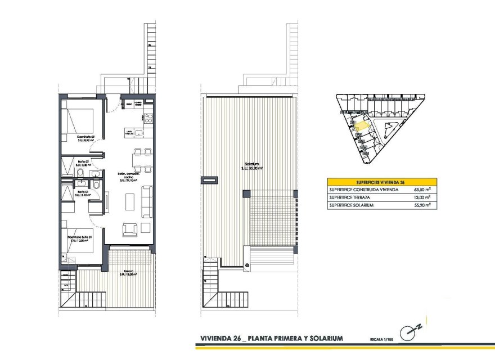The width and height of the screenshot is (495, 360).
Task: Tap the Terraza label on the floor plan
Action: [x=129, y=273]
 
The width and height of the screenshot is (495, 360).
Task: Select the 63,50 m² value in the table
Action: [x=420, y=190]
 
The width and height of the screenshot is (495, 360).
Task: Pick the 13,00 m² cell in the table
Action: [x=420, y=198]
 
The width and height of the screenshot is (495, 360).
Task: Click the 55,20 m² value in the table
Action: [x=420, y=206]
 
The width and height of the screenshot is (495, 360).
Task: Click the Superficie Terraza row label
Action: [x=349, y=198]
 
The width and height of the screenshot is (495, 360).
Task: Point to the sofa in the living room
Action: [x=147, y=201]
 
